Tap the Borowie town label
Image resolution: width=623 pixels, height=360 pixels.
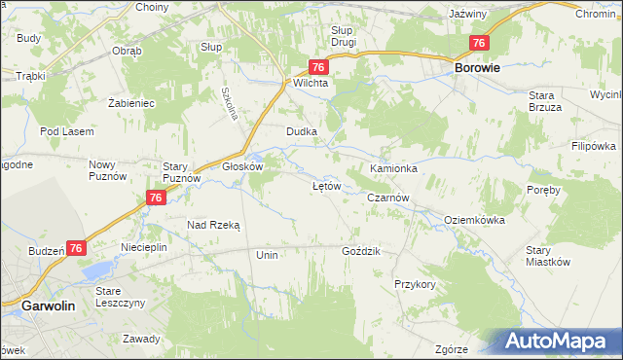pyautogui.click(x=477, y=69)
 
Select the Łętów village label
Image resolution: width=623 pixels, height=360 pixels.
pyautogui.click(x=326, y=185)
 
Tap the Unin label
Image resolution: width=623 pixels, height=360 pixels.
pyautogui.click(x=267, y=254)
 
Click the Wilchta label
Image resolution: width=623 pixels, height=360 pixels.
pyautogui.click(x=311, y=84)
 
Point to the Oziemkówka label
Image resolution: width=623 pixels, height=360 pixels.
pyautogui.click(x=474, y=220)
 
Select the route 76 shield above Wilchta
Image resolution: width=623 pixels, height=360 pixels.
pyautogui.click(x=318, y=66)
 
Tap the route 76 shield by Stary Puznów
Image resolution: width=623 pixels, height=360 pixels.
pyautogui.click(x=155, y=198)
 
